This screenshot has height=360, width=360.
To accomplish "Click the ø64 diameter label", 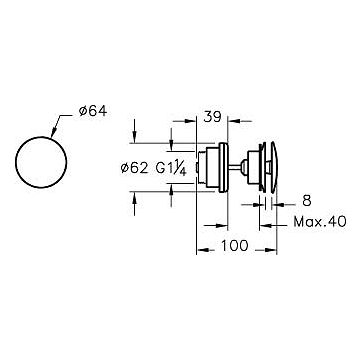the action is click(93, 111).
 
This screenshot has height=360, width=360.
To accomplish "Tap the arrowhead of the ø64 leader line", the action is click(52, 134).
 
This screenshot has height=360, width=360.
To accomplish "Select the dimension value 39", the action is click(212, 117).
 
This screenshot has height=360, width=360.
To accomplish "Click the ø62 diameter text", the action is click(134, 168).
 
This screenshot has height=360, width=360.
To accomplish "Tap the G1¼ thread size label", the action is click(171, 169).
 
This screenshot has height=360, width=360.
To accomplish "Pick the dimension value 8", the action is click(307, 201).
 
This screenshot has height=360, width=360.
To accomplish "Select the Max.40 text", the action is click(320, 222).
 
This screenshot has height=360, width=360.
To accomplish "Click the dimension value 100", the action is click(235, 246).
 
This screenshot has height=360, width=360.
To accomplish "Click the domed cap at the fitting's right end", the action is click(274, 167).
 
